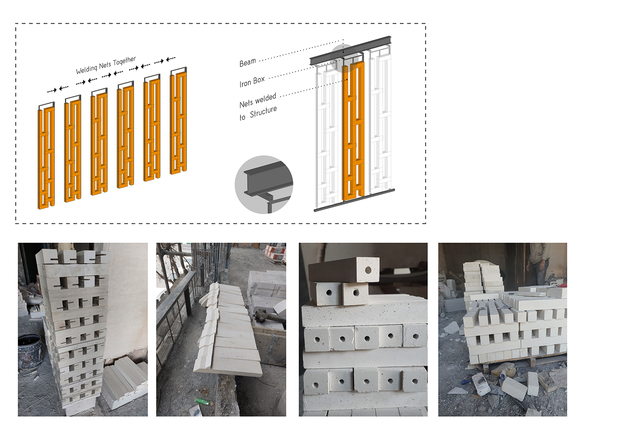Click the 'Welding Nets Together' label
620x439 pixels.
click(x=106, y=65)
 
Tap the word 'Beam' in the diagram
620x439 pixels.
click(x=248, y=63)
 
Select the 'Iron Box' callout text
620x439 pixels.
click(x=252, y=81)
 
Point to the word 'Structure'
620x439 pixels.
click(x=263, y=111)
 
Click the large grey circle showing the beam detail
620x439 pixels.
click(x=264, y=185)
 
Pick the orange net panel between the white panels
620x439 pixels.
click(x=353, y=130)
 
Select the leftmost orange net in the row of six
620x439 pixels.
click(x=46, y=159)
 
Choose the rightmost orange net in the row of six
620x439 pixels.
click(x=178, y=122)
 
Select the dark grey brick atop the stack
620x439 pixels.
click(x=343, y=269)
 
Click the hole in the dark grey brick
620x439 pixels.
click(x=368, y=270)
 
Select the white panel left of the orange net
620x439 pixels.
click(x=327, y=134)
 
